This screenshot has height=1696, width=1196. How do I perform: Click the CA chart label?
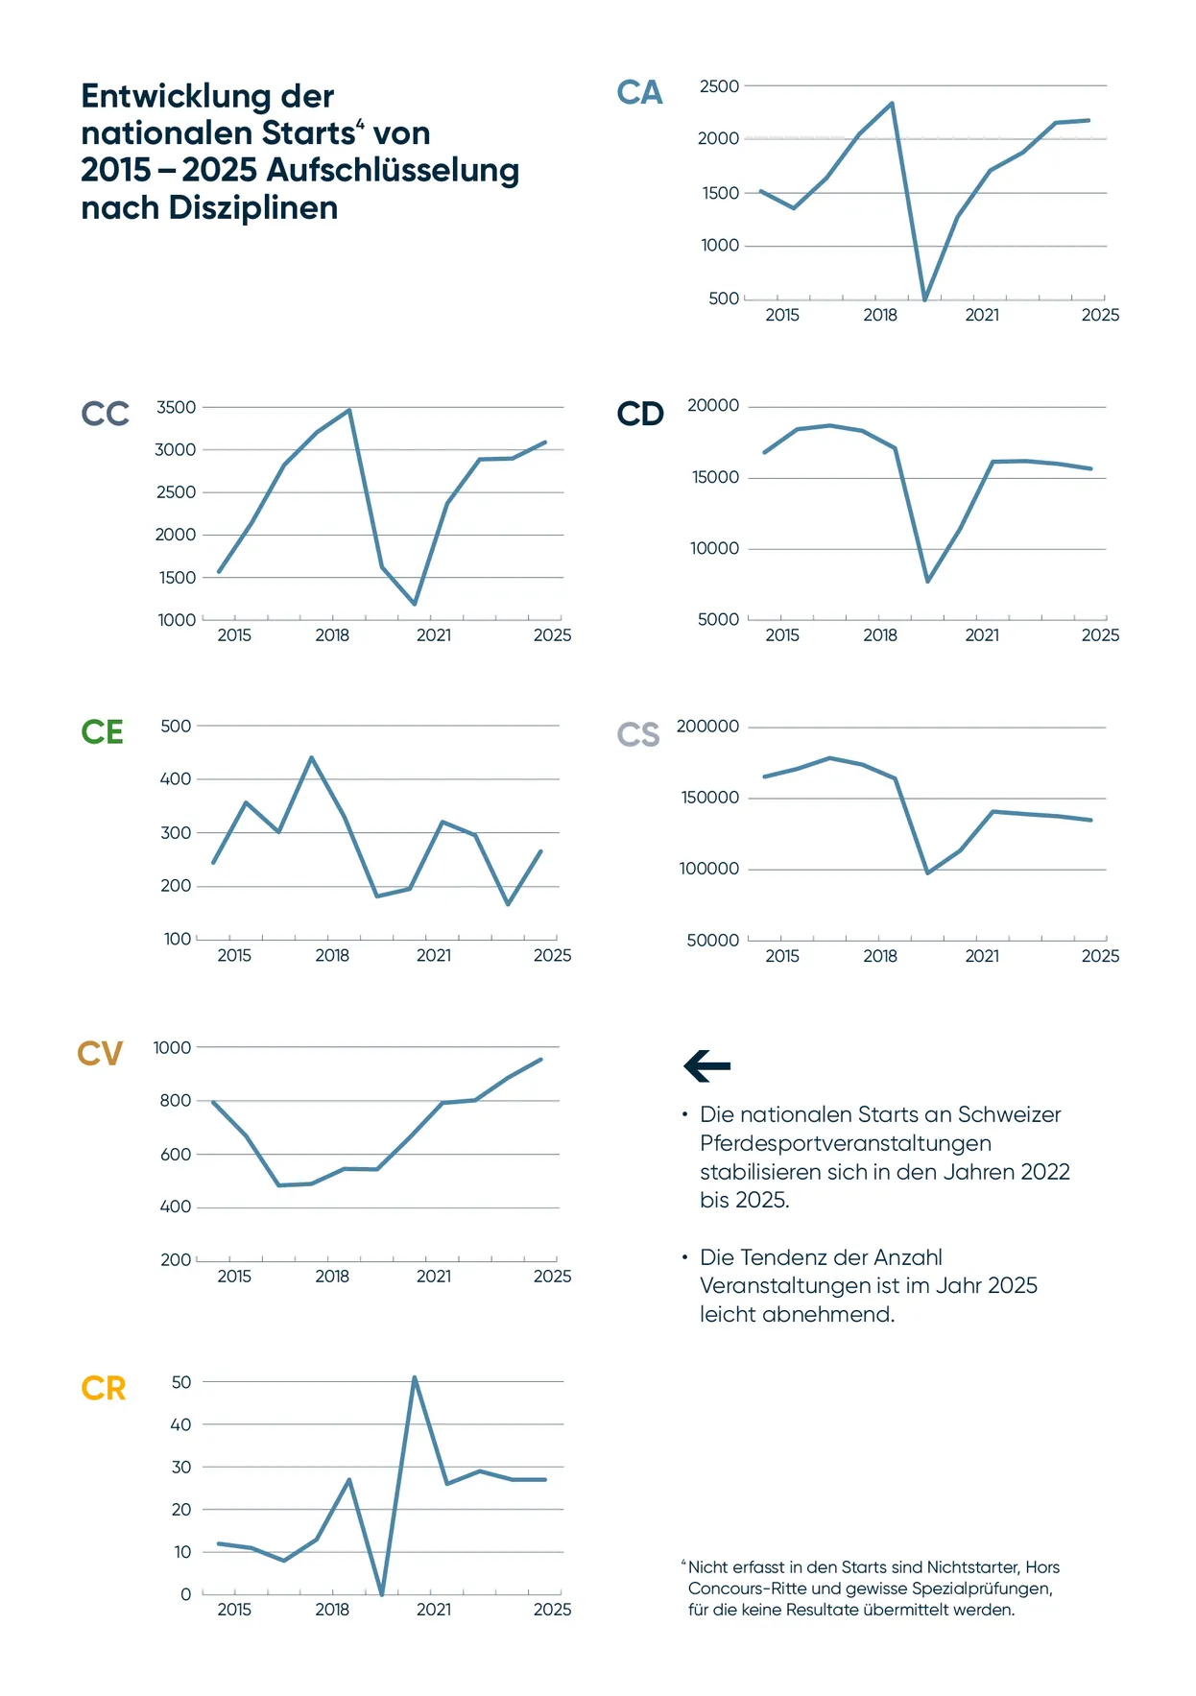(x=639, y=93)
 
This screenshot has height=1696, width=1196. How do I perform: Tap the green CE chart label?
(x=103, y=732)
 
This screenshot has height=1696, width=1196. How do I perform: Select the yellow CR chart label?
(x=104, y=1389)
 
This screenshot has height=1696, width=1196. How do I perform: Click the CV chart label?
(x=100, y=1054)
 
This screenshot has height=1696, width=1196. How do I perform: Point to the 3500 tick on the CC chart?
(x=176, y=408)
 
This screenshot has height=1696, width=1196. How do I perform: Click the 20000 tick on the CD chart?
(x=713, y=406)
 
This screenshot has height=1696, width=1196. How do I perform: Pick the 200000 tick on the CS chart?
(x=707, y=727)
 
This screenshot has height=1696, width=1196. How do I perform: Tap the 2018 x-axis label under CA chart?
(x=880, y=315)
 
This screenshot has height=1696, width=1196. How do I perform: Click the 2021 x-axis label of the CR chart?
(x=434, y=1610)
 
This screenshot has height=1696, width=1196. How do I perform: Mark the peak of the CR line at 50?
(x=414, y=1378)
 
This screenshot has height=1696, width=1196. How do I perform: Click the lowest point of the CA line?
(x=924, y=299)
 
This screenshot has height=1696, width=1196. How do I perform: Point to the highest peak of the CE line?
(x=311, y=758)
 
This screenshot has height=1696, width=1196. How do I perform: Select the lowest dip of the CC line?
(x=415, y=604)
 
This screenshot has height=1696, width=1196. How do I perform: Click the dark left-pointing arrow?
(x=707, y=1065)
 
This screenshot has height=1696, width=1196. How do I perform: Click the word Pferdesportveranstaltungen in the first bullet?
(x=846, y=1143)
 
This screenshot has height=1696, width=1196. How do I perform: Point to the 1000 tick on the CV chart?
(x=172, y=1048)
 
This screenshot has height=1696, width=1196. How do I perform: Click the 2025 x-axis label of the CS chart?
(x=1100, y=956)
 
